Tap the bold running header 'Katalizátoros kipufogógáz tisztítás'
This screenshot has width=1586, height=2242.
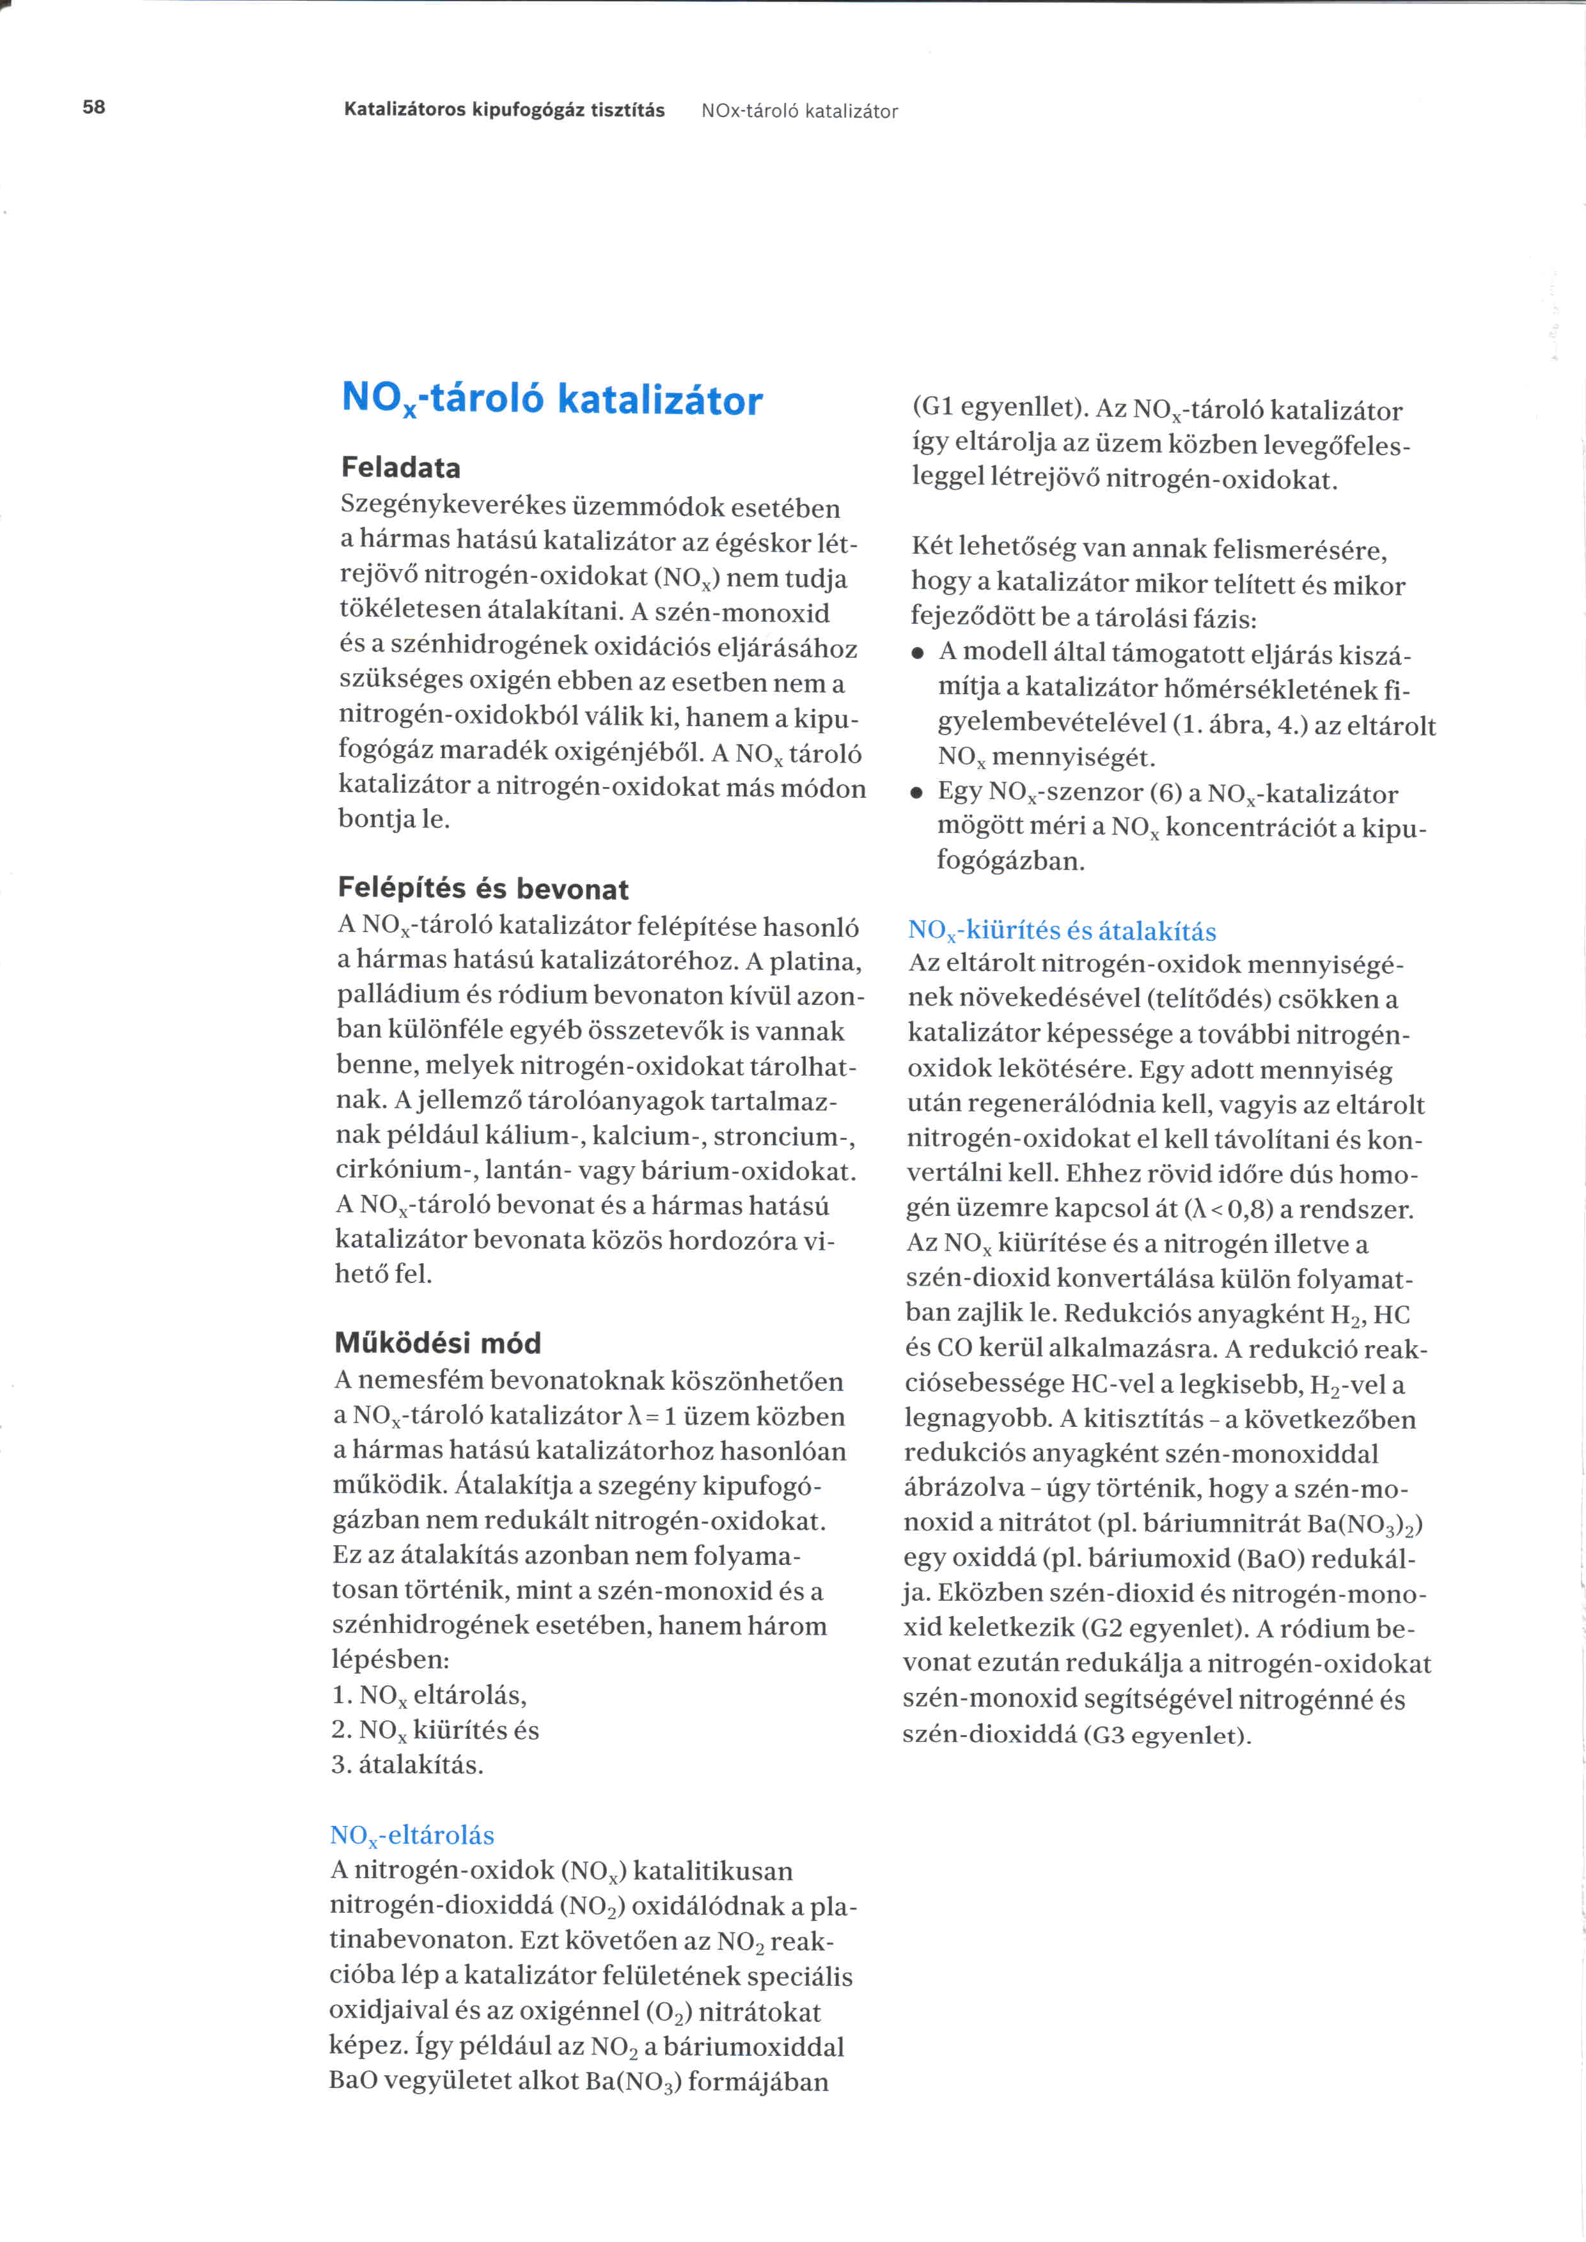504,111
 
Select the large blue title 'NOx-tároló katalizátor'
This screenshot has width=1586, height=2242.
552,400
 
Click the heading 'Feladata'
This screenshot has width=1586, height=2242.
400,468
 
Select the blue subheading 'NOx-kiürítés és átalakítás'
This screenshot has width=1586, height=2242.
1062,931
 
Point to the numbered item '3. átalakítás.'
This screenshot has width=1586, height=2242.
407,1764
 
